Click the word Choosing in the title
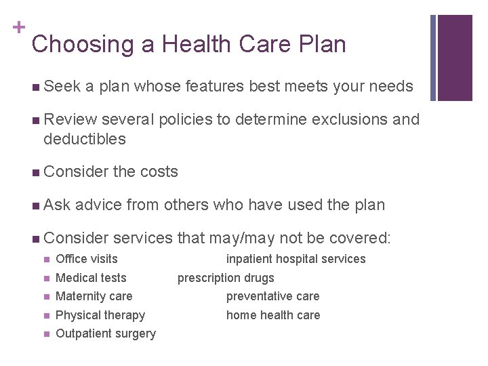pos(74,45)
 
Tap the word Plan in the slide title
pos(319,45)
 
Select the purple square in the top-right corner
pos(455,58)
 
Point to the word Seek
pos(62,87)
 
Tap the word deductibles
pos(85,140)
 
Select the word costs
pos(158,172)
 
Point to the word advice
pos(99,205)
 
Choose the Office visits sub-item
pos(87,259)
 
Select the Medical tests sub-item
pos(91,278)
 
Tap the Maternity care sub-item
pos(94,296)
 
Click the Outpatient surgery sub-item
pos(106,333)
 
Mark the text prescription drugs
pos(226,278)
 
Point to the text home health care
pos(273,315)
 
